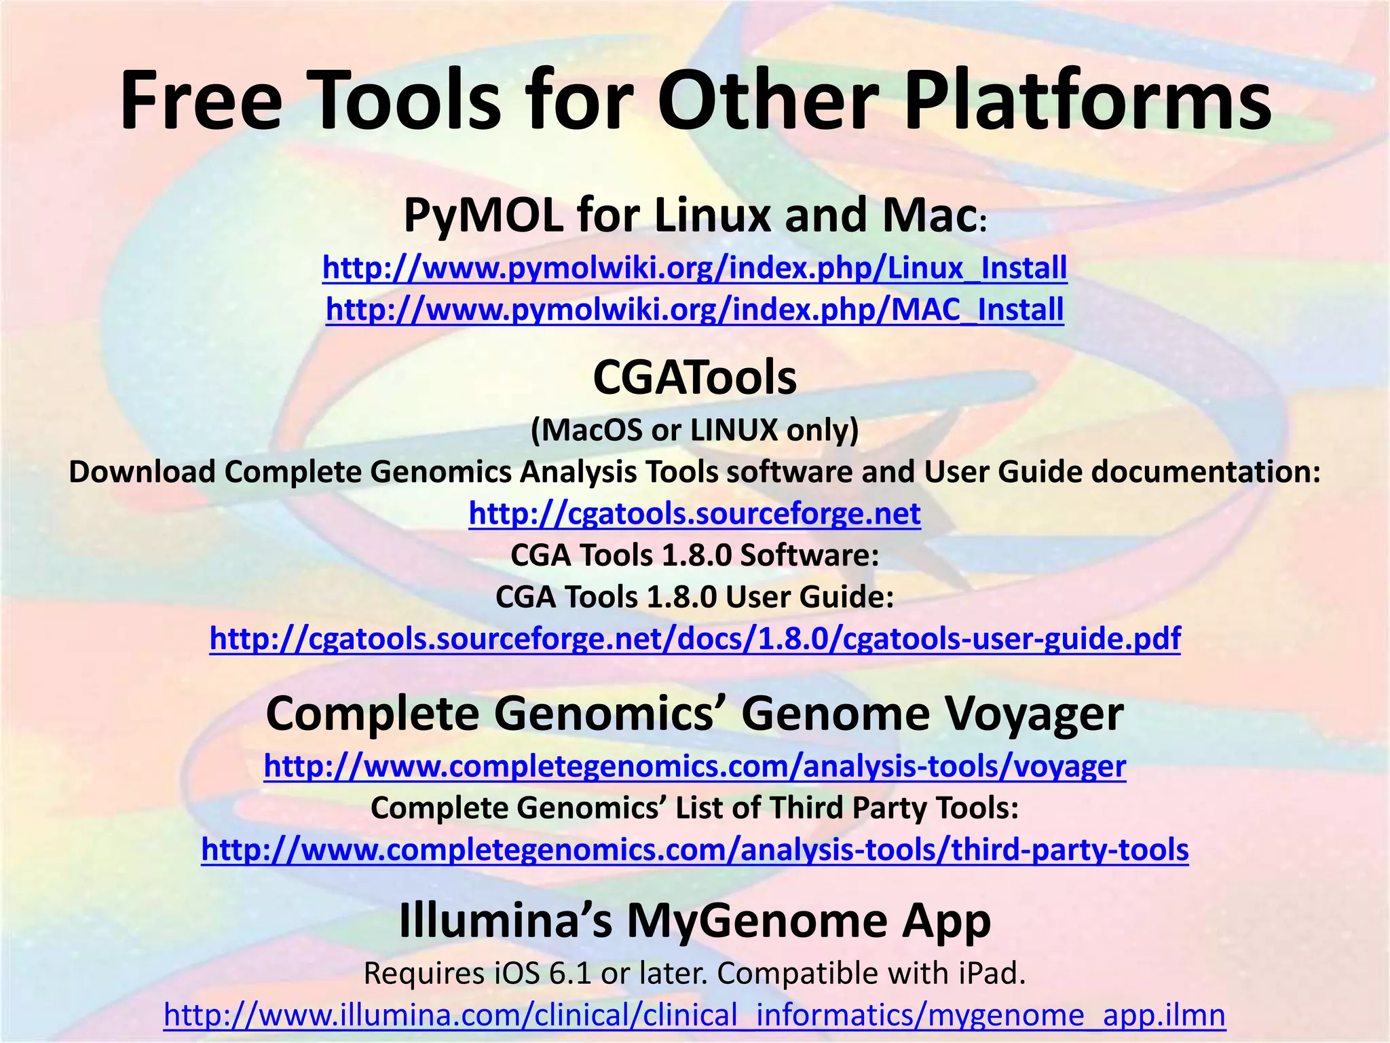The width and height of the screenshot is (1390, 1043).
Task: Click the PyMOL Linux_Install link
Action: pos(694,268)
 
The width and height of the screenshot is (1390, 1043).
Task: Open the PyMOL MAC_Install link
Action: pos(694,310)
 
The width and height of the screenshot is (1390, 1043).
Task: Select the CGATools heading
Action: pos(694,378)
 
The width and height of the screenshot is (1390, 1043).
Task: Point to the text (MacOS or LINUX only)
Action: pos(694,431)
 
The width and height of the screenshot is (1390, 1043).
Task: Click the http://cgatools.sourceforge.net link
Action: pos(694,514)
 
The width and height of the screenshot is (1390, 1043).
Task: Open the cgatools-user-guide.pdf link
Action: pos(694,639)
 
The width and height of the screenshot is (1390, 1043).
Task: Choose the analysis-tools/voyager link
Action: pos(694,767)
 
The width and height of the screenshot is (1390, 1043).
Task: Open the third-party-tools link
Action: pos(694,850)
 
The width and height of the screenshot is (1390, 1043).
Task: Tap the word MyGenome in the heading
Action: pos(756,922)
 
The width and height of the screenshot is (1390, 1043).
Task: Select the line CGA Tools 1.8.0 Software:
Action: pos(694,555)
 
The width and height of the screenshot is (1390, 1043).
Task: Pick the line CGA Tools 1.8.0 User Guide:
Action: pos(694,598)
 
